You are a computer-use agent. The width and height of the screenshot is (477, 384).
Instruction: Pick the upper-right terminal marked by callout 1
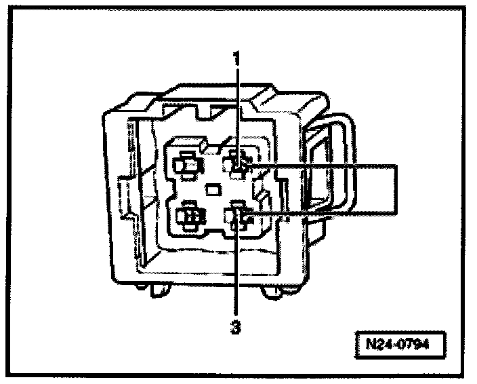(238, 164)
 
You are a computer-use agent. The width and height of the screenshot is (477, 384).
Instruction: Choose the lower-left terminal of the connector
(188, 216)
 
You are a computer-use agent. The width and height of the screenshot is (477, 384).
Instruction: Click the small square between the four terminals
(212, 189)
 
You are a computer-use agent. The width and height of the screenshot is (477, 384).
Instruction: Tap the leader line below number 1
(237, 109)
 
